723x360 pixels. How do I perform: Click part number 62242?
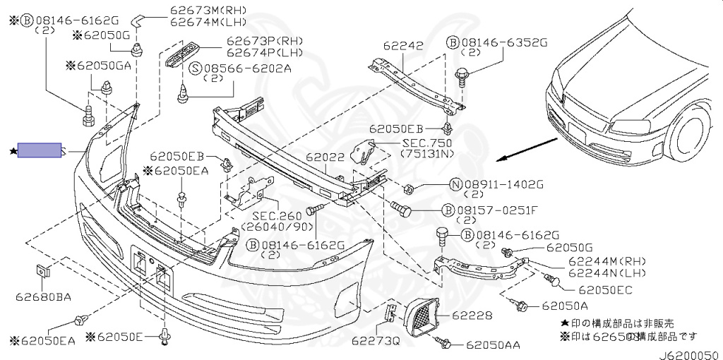click(x=403, y=46)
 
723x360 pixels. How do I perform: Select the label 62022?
click(x=325, y=157)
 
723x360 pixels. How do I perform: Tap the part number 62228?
click(x=472, y=316)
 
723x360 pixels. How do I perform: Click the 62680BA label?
click(x=43, y=297)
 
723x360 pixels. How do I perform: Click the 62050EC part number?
click(x=605, y=290)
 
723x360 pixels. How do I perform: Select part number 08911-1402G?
click(x=504, y=185)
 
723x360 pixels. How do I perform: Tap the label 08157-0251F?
click(x=497, y=210)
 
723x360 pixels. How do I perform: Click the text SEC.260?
click(x=277, y=216)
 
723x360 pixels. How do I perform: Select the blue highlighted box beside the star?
click(x=40, y=150)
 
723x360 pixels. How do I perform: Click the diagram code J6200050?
click(x=690, y=355)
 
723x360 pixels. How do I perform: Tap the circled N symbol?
click(x=455, y=185)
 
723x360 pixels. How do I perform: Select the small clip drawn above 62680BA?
click(x=42, y=272)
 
